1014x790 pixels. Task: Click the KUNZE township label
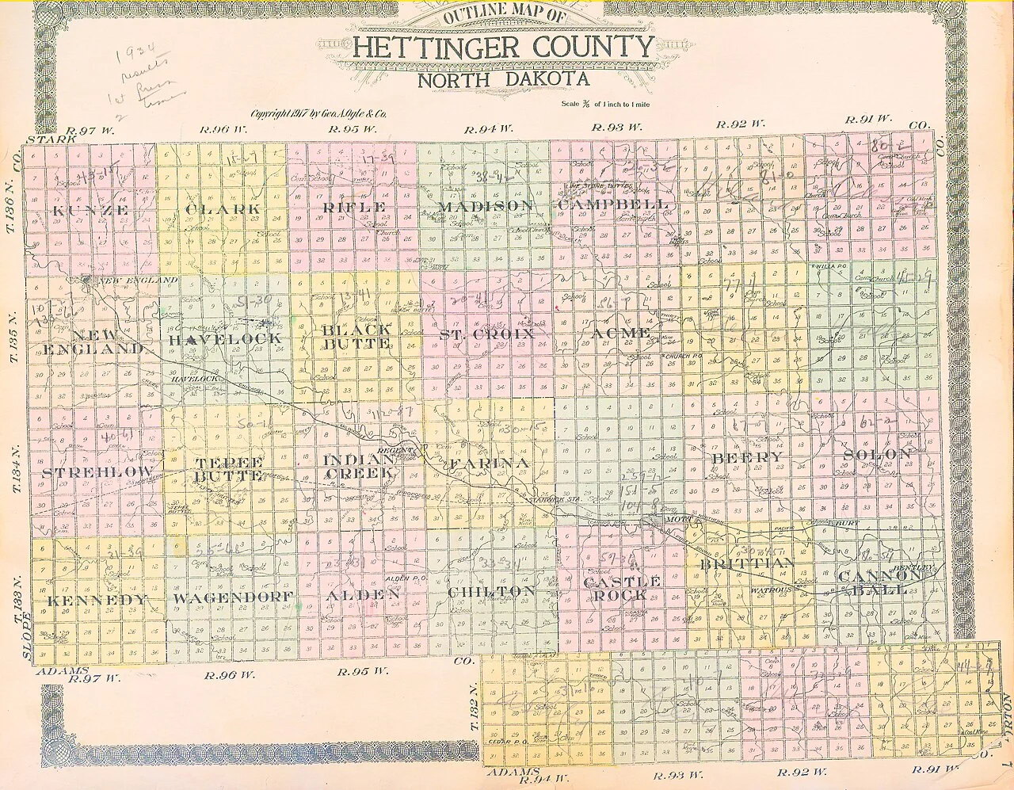pos(90,210)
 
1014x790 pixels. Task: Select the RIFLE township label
pos(354,208)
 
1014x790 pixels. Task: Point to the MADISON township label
pos(485,206)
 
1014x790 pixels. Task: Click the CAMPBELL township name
pos(613,204)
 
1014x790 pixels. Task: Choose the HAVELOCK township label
pos(225,338)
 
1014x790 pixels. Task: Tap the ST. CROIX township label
pos(487,335)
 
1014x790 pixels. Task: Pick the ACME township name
pos(621,333)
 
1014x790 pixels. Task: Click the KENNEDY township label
pos(97,600)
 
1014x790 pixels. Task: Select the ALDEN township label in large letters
pos(361,594)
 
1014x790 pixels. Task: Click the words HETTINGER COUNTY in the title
pos(503,47)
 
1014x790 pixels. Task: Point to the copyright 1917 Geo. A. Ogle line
pos(318,113)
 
